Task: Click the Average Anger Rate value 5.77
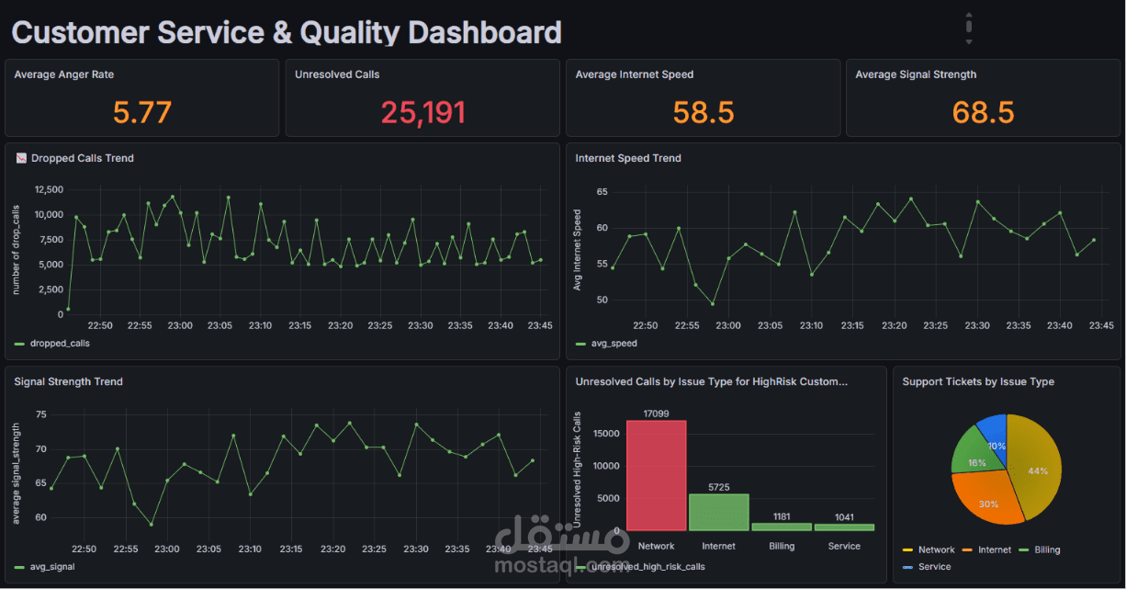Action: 142,112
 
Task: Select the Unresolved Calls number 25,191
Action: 423,113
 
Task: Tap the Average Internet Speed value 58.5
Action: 704,112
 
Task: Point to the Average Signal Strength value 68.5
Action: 984,112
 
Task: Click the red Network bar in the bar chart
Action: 656,475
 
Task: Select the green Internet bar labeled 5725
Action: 719,512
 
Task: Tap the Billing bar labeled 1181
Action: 782,527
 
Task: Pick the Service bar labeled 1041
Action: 845,527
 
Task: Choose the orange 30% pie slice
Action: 985,498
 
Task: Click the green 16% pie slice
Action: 975,455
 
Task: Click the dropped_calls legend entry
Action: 52,344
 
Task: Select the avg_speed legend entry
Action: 606,344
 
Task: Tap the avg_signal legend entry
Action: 45,567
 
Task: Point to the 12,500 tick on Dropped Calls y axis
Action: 49,189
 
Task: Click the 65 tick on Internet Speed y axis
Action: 602,192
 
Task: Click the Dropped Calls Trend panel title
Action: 83,158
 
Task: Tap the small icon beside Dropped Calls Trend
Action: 21,158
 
